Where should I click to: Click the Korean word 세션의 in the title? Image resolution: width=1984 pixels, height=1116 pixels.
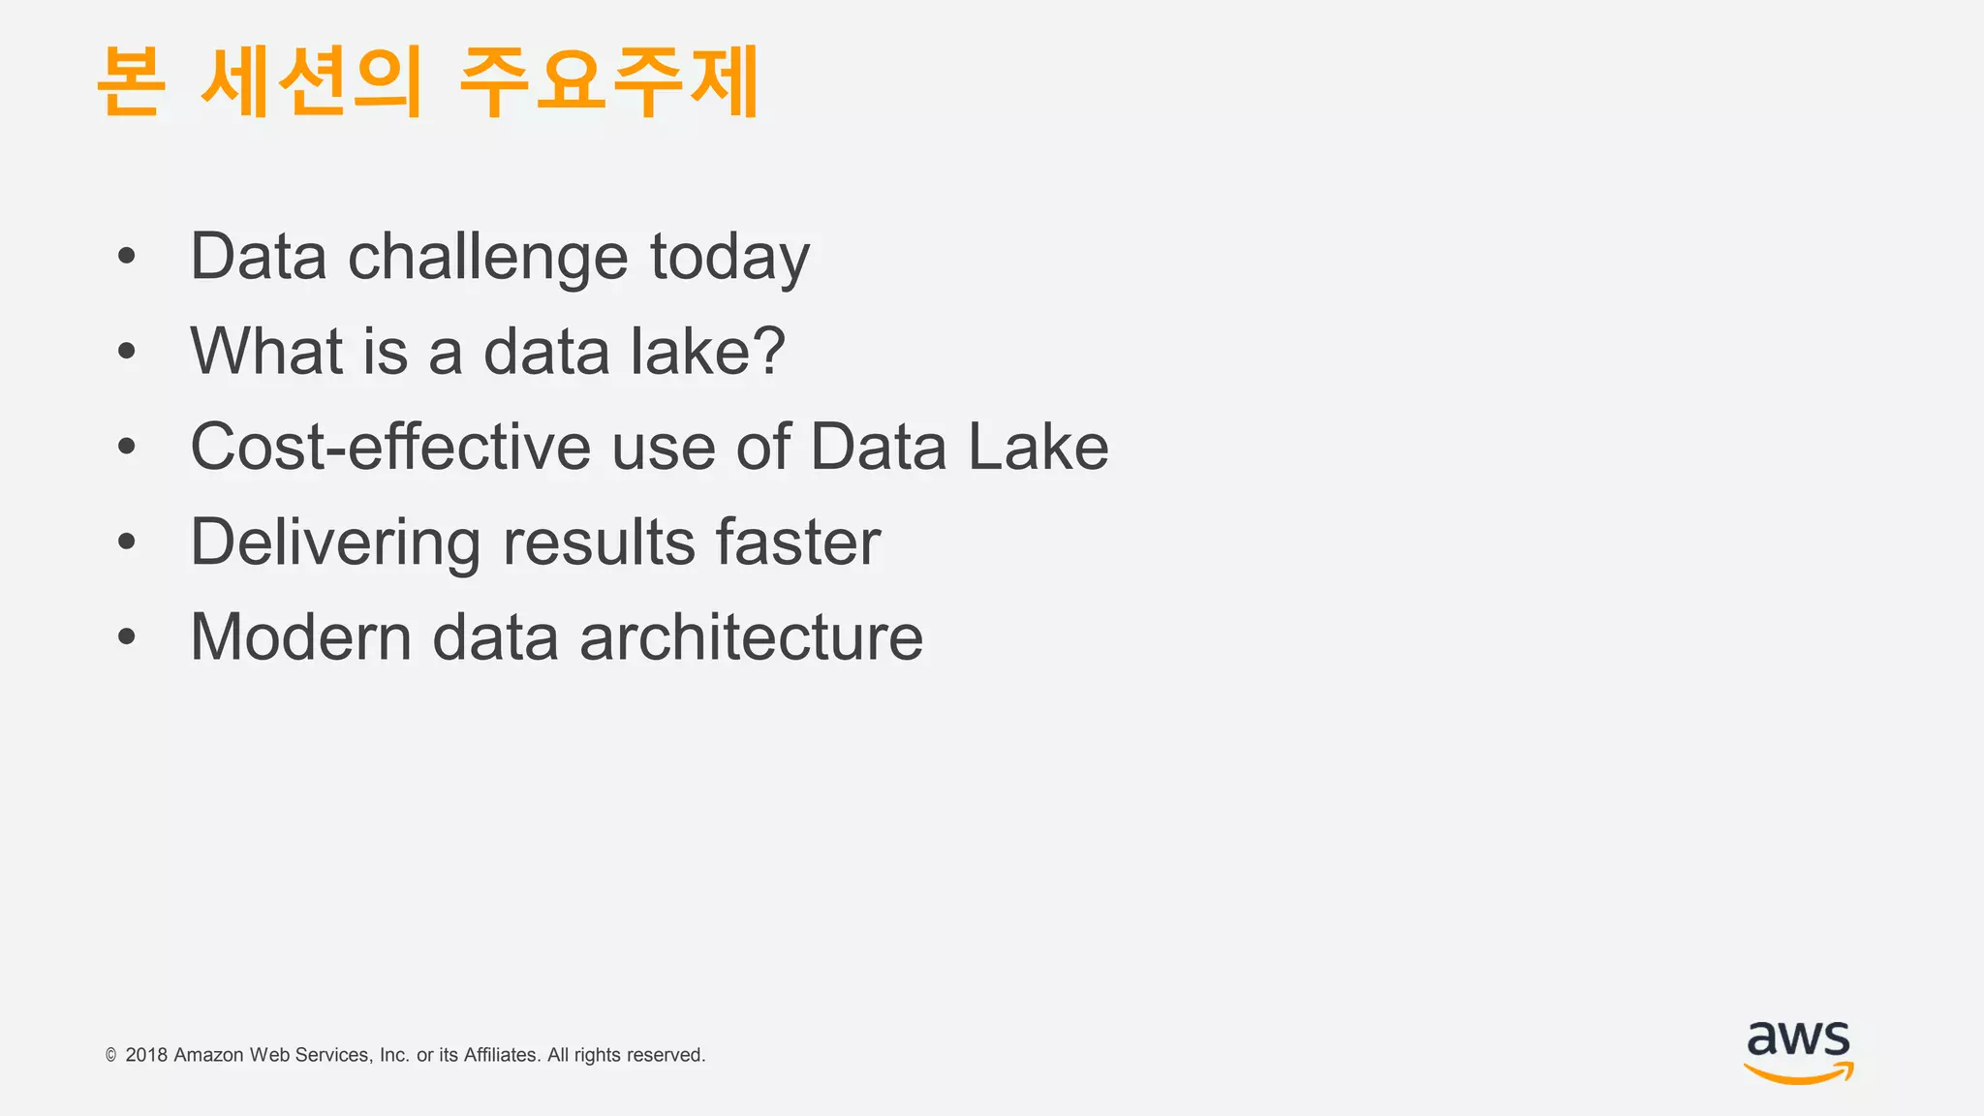312,82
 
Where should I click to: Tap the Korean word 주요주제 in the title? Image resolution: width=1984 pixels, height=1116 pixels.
608,82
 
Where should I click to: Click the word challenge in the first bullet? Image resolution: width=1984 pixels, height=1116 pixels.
487,258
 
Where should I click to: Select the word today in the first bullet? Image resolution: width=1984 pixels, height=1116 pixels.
728,258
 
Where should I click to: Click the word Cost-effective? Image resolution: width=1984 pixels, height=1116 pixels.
390,447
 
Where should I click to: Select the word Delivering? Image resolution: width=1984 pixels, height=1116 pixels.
335,542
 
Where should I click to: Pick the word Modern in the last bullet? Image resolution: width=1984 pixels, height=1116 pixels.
301,637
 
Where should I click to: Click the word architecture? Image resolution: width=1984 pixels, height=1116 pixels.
751,637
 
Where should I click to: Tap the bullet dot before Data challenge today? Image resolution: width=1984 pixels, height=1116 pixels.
126,258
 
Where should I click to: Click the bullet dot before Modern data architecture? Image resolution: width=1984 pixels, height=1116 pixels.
126,637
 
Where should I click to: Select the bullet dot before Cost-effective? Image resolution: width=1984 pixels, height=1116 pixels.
126,447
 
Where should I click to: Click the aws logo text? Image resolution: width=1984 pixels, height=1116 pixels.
1798,1039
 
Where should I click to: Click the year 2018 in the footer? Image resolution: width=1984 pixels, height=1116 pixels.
146,1055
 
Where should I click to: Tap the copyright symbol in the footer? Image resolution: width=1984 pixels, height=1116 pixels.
110,1055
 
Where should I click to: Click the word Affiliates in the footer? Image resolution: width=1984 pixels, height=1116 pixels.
501,1055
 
